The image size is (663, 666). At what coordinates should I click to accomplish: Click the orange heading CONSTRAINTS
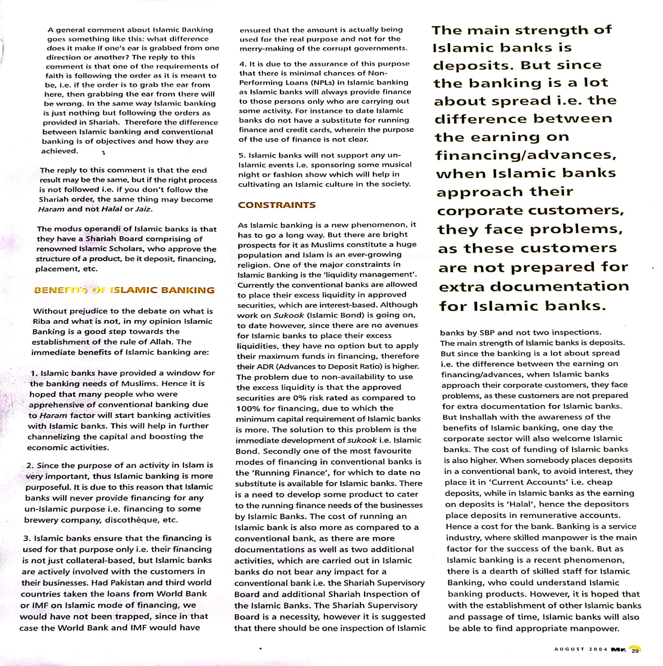277,205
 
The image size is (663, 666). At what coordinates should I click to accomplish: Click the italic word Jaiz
144,209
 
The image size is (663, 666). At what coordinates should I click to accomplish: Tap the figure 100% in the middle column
247,408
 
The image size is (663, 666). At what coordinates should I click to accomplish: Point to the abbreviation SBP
487,332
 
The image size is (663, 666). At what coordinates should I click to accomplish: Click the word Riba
42,321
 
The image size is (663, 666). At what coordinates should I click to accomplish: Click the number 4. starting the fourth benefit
243,64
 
